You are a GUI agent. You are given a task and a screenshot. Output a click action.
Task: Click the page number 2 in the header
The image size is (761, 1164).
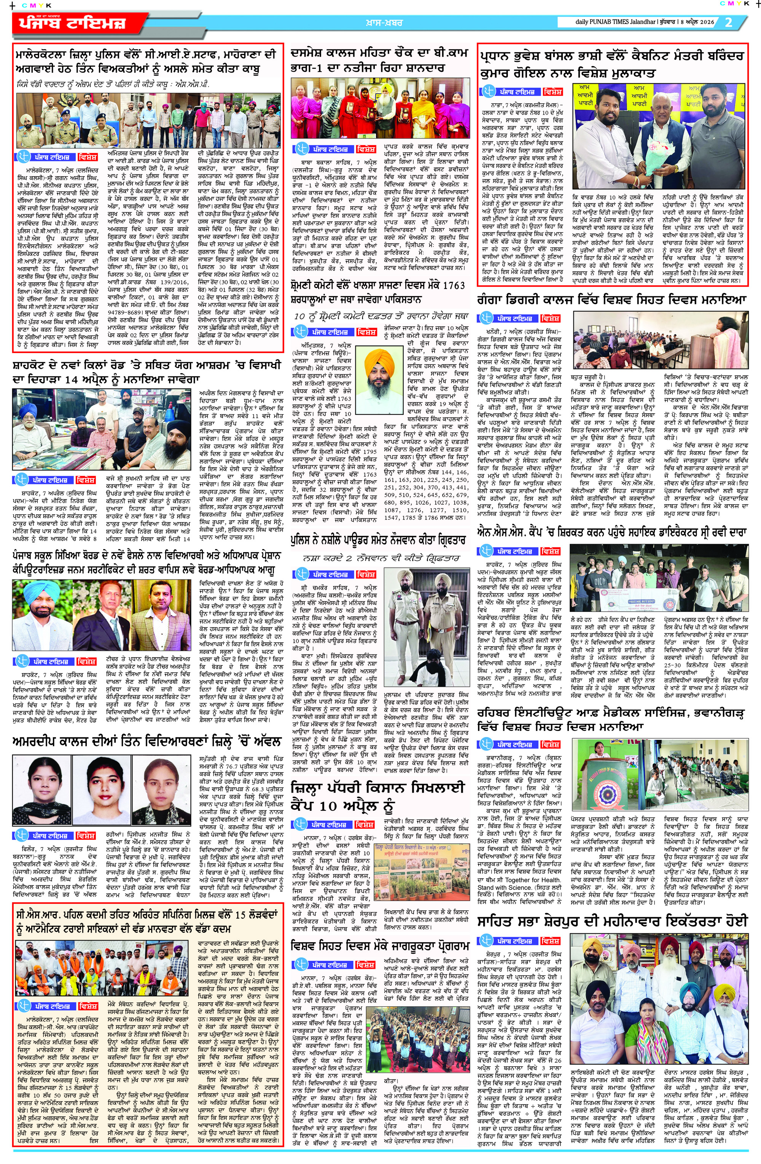click(x=729, y=22)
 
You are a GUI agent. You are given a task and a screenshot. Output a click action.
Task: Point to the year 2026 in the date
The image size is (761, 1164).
click(x=704, y=22)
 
